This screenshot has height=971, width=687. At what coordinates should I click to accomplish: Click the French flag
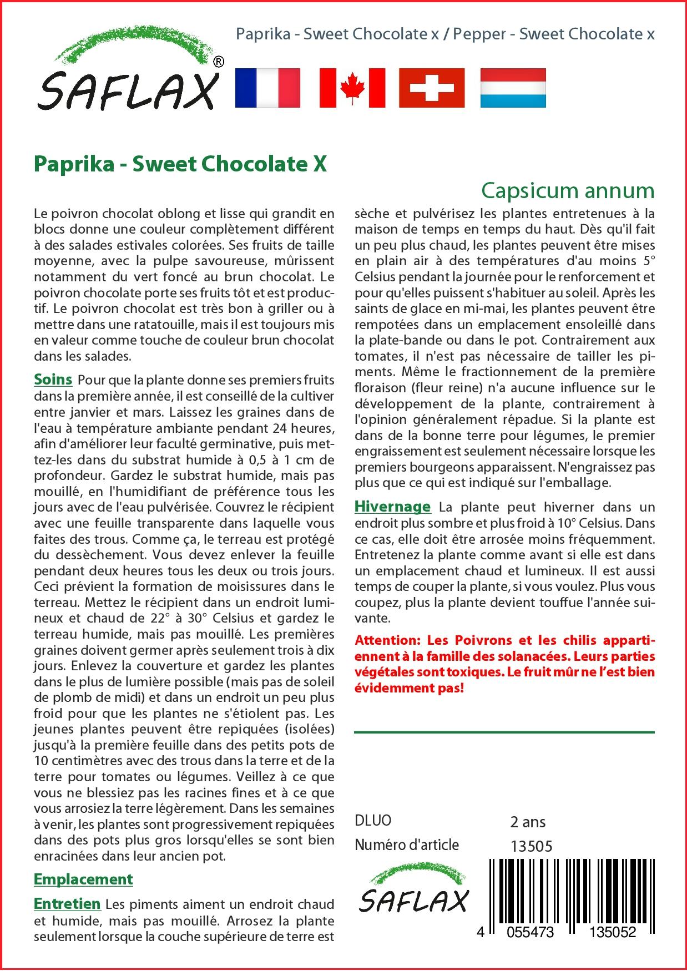(x=267, y=88)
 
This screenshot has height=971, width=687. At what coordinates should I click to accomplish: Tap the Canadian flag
(x=352, y=88)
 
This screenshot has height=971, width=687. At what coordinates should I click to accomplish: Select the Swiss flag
(x=432, y=88)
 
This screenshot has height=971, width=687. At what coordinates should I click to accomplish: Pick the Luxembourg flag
(x=513, y=88)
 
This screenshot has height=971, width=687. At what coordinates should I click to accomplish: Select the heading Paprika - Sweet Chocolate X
(x=180, y=164)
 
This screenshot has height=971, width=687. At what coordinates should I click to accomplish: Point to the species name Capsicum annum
(x=568, y=190)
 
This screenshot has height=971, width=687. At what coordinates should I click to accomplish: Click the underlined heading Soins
(x=53, y=380)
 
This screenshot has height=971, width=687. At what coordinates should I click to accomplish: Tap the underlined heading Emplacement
(x=83, y=879)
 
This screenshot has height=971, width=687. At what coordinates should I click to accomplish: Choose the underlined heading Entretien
(x=67, y=904)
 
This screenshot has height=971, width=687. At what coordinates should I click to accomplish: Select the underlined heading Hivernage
(x=392, y=506)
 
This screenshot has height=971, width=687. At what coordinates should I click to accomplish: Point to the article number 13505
(x=531, y=846)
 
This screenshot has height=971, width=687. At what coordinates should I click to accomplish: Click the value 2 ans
(x=527, y=822)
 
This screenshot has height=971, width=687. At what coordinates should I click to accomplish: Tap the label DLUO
(x=373, y=821)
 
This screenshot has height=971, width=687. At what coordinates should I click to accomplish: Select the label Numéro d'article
(x=407, y=845)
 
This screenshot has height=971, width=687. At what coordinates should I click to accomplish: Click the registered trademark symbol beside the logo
(x=219, y=63)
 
